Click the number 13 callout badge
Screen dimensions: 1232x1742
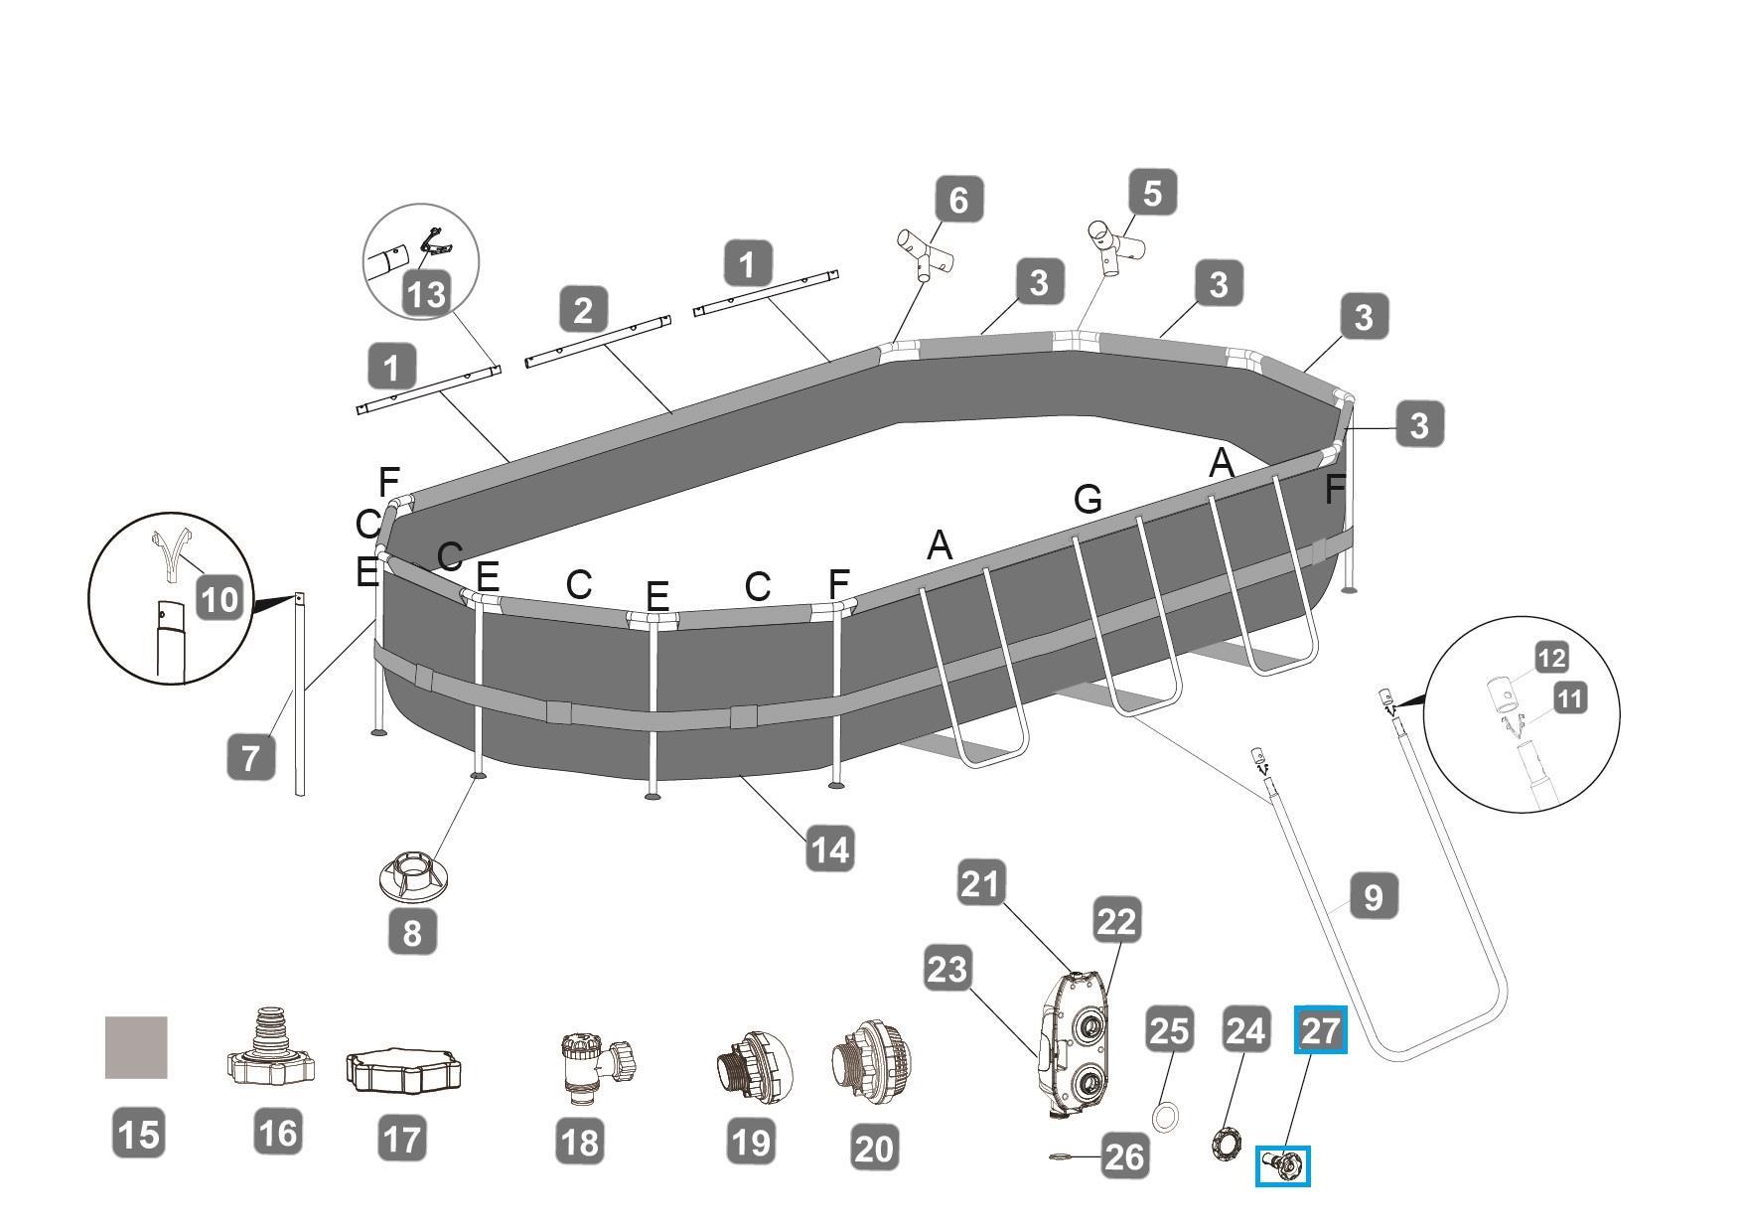[x=426, y=294]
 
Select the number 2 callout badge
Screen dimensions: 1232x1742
[x=583, y=309]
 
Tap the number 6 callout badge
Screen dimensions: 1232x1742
[x=958, y=199]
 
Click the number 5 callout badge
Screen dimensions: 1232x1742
[x=1152, y=192]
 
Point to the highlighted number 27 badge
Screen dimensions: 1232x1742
[x=1320, y=1030]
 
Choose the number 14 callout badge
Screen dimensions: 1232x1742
[x=830, y=849]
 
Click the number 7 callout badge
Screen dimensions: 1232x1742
[x=250, y=757]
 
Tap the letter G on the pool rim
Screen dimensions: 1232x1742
[x=1088, y=498]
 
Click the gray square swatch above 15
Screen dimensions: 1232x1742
[x=136, y=1047]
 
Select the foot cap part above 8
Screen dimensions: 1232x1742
[x=411, y=875]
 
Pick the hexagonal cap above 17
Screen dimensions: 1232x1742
[x=403, y=1071]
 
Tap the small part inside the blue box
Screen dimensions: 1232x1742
[x=1283, y=1165]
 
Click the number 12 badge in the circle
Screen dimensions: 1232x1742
[x=1550, y=658]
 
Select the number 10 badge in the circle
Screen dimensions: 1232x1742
[x=219, y=598]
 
